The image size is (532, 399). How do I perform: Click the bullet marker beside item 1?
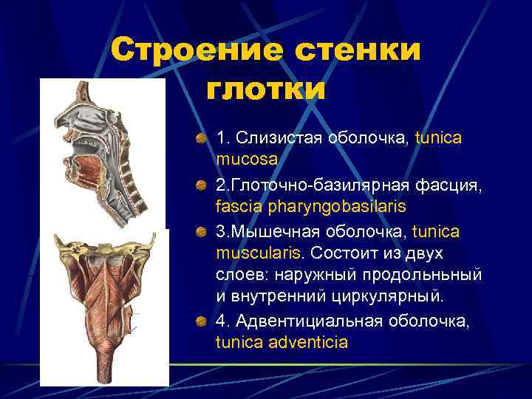click(201, 138)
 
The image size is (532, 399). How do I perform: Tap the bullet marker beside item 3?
click(201, 232)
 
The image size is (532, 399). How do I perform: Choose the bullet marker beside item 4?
click(201, 322)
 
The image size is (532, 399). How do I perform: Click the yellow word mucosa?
click(247, 158)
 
